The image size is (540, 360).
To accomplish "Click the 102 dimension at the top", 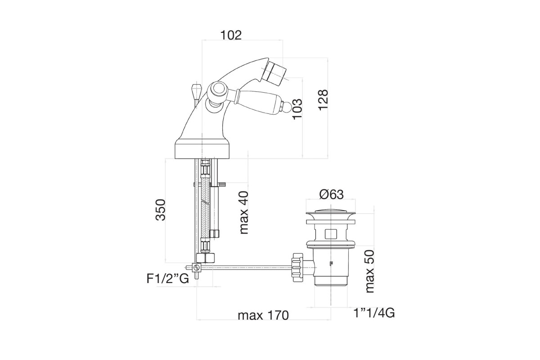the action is [x=231, y=35].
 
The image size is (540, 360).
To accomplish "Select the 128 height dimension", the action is [x=323, y=100].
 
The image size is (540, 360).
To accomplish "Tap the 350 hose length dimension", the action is [x=161, y=210].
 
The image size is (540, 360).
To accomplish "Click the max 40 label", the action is [x=243, y=212].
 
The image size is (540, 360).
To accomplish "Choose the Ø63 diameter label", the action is [x=332, y=194].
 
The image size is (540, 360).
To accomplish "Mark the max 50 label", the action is [x=369, y=271].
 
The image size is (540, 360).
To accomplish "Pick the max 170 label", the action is [x=263, y=315].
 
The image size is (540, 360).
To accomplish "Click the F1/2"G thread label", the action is [x=168, y=279].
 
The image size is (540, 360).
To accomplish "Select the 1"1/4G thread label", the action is [x=374, y=313].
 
